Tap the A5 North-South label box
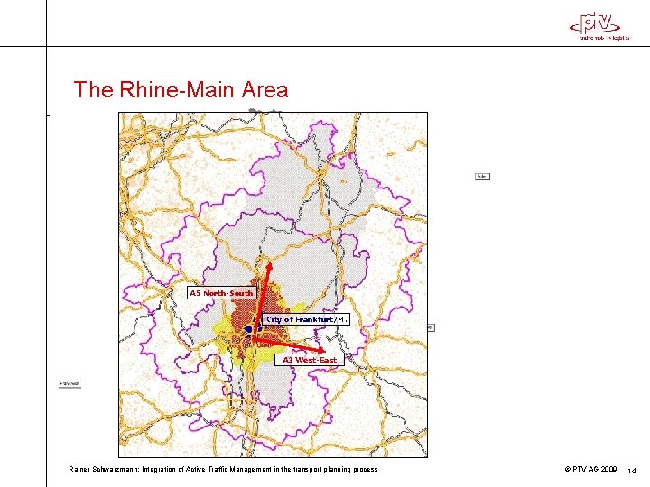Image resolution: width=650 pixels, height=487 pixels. [x=221, y=293]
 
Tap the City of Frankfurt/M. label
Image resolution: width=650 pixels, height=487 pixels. [x=306, y=319]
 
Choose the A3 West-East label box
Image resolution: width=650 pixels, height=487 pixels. [x=309, y=360]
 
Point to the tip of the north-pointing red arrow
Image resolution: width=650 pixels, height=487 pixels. [x=268, y=263]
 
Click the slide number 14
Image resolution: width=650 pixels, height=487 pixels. [x=632, y=470]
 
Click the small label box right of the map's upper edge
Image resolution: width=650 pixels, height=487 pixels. [x=482, y=176]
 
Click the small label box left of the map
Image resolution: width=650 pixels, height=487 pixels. [x=70, y=383]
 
